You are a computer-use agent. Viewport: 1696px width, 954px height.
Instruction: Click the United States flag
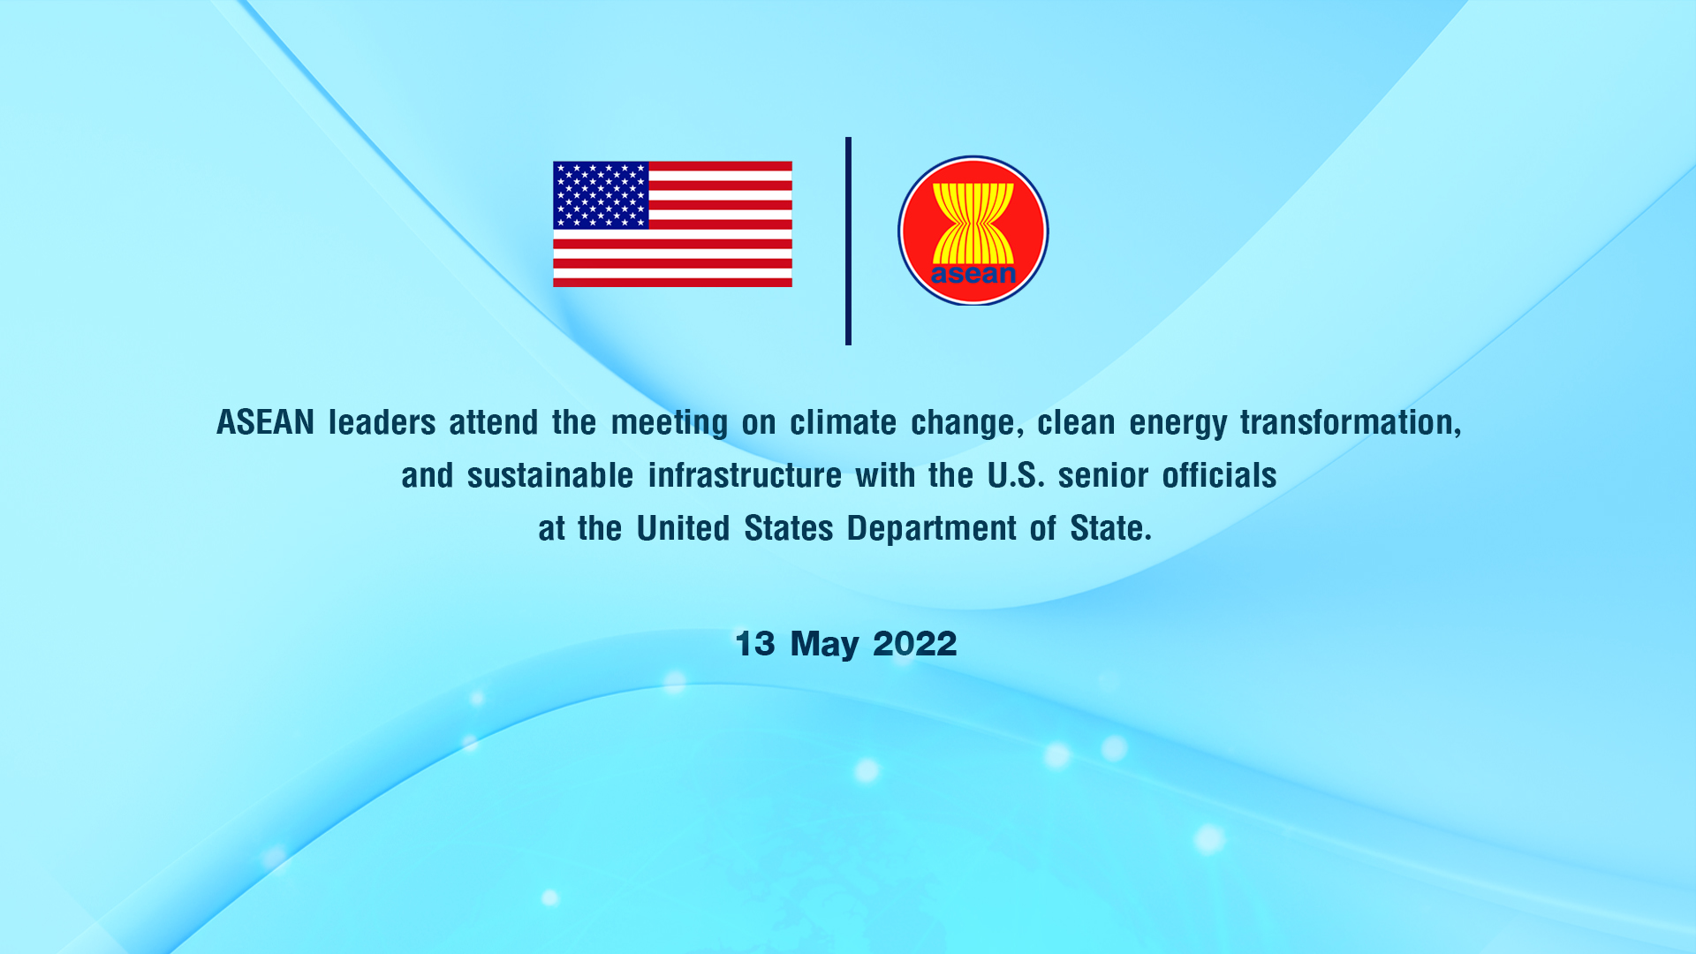click(x=672, y=223)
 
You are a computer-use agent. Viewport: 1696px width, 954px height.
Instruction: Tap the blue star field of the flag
click(x=601, y=195)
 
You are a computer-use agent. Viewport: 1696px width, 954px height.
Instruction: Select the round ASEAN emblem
click(x=973, y=231)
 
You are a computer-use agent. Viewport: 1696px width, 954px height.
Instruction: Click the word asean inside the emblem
click(x=973, y=274)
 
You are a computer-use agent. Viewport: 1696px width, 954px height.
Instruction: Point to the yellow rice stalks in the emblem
click(x=973, y=223)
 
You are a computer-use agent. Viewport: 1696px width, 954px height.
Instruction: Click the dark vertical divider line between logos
click(x=848, y=240)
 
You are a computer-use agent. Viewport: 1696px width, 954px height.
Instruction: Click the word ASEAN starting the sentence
click(x=266, y=422)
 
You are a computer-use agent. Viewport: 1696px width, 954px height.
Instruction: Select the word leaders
click(x=382, y=422)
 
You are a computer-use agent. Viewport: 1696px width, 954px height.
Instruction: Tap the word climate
click(x=843, y=422)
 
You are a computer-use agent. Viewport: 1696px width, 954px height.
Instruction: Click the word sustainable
click(x=550, y=475)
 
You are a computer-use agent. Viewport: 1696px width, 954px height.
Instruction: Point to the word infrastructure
click(x=745, y=475)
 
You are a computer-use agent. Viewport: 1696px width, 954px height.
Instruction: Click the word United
click(x=683, y=528)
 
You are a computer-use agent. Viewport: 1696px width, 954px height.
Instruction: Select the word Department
click(x=932, y=529)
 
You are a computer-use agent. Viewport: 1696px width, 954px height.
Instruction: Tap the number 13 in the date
click(x=755, y=643)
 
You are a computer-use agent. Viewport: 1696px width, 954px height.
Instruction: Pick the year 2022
click(x=914, y=643)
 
